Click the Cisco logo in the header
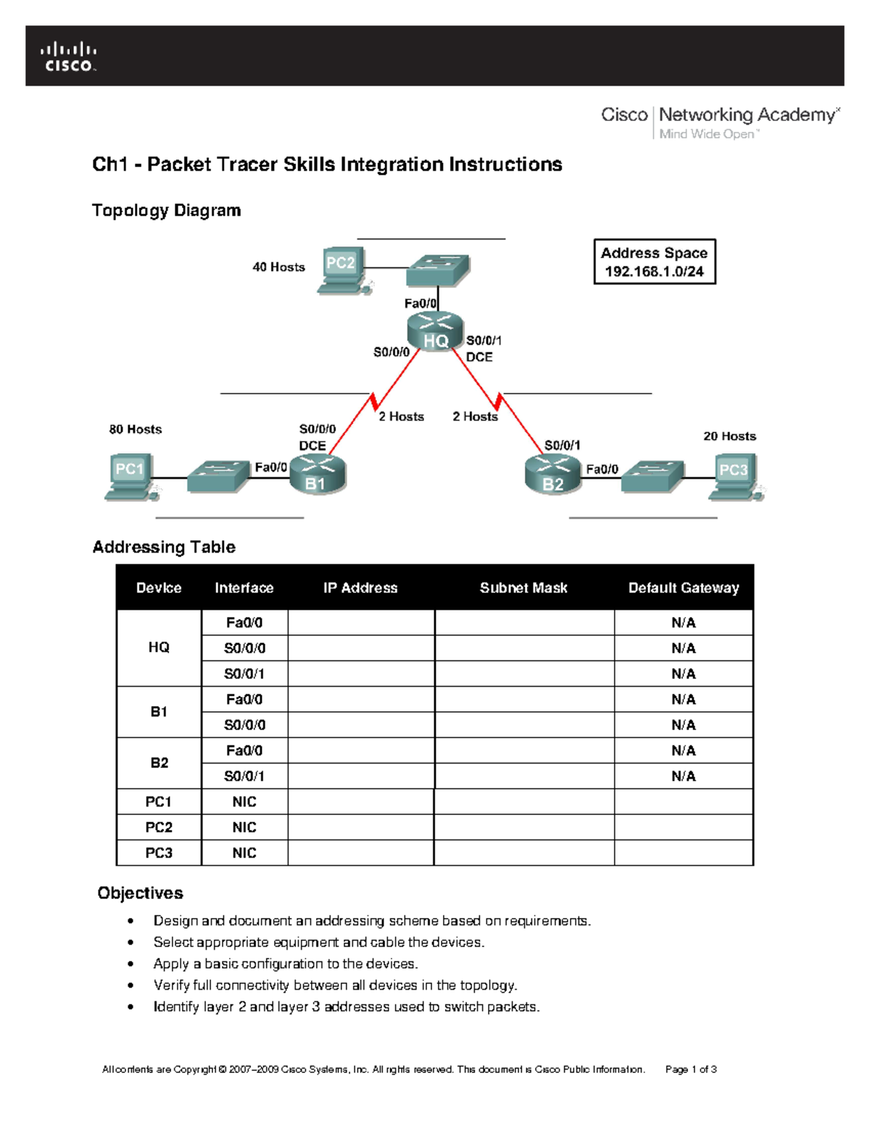click(x=68, y=57)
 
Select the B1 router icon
click(x=318, y=476)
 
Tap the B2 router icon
click(x=553, y=476)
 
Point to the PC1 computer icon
click(x=130, y=477)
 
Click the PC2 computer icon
click(x=343, y=271)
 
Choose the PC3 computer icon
click(x=734, y=477)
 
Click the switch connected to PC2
click(x=438, y=270)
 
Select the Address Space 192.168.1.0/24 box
click(x=654, y=262)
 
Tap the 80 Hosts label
click(x=136, y=429)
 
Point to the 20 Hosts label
click(x=729, y=436)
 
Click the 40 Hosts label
click(x=278, y=267)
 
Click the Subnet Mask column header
click(x=523, y=588)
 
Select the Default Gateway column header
click(x=683, y=588)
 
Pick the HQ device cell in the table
click(x=159, y=647)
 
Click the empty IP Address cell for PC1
click(x=361, y=802)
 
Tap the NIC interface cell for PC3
click(x=244, y=853)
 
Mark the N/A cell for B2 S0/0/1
click(x=683, y=776)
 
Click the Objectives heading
click(x=141, y=893)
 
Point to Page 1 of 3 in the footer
click(x=691, y=1069)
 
